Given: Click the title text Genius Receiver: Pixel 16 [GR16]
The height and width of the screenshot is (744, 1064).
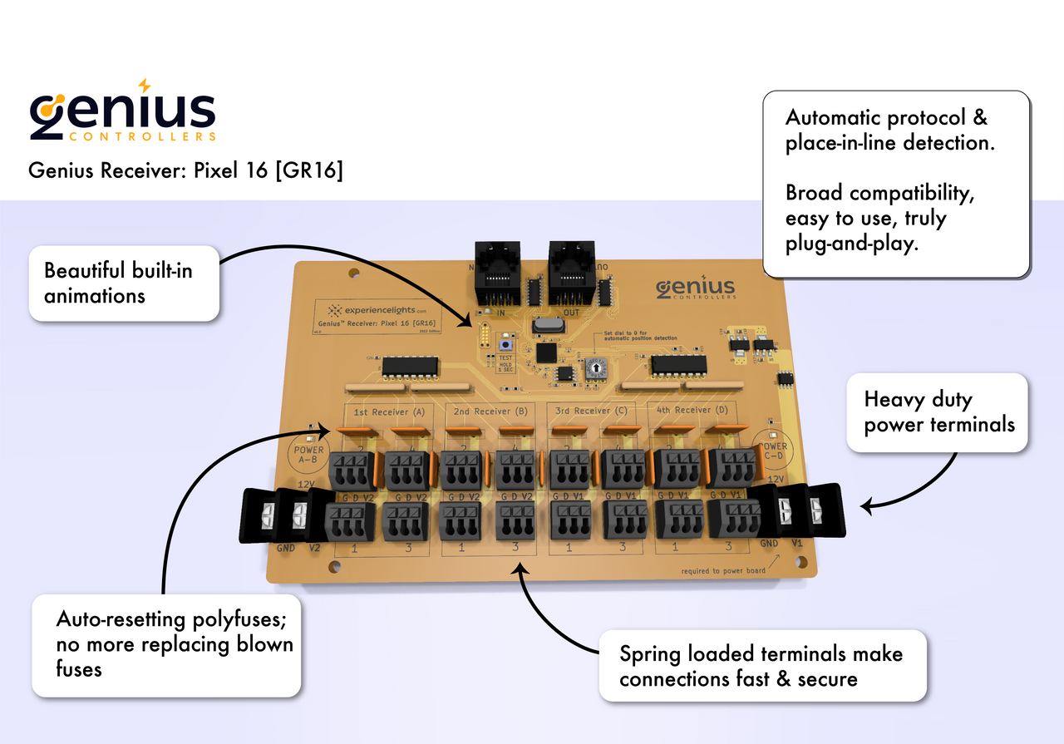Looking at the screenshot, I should [185, 170].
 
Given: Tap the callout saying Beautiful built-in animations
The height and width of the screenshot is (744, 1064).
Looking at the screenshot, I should [124, 283].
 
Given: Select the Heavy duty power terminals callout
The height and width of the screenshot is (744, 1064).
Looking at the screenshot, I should [938, 412].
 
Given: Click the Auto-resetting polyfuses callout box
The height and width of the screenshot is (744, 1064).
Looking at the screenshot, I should [166, 644].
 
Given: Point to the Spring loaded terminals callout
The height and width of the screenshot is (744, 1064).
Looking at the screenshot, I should [761, 666].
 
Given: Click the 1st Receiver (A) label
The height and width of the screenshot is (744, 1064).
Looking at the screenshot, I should [389, 411].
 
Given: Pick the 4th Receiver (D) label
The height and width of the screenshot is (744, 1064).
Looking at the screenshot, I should [692, 410].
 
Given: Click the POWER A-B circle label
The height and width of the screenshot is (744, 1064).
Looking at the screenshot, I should [309, 454].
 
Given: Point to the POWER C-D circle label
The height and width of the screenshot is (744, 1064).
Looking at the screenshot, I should [770, 451].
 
